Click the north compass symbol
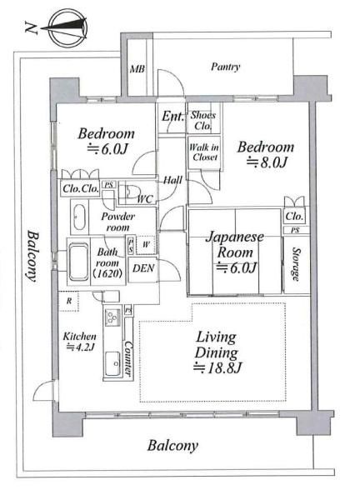tap(67, 28)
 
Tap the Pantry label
tap(226, 67)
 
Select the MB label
tap(137, 69)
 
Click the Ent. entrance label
tap(172, 117)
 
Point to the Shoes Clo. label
tap(203, 120)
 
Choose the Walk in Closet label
tap(204, 152)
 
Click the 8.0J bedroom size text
tap(267, 162)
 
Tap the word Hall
tap(172, 181)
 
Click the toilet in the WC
tap(131, 190)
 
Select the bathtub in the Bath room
tap(78, 262)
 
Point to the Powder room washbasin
tap(79, 217)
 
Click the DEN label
tap(143, 268)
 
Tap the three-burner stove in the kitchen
tap(112, 317)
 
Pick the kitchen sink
tap(112, 363)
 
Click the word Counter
tap(128, 357)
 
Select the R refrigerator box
tap(68, 301)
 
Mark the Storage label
tap(296, 264)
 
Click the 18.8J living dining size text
tap(217, 367)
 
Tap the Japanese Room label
tap(235, 244)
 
